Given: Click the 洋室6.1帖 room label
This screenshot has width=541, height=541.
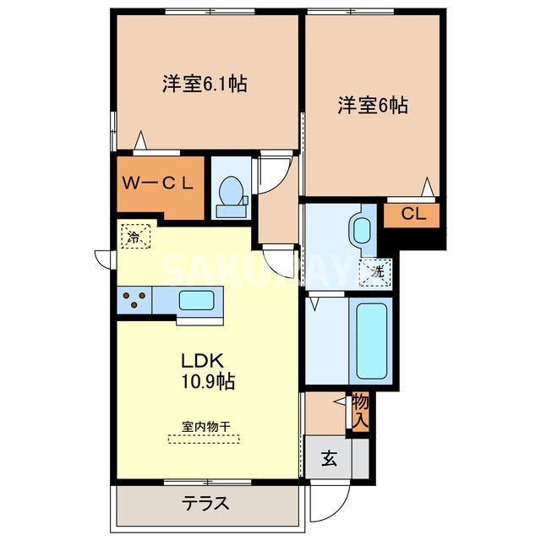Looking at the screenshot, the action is [x=205, y=84].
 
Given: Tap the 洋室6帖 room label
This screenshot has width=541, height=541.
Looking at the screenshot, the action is [x=373, y=105].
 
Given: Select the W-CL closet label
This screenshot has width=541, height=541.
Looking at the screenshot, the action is [x=158, y=184].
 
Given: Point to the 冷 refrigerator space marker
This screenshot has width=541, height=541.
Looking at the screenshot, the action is [x=135, y=236].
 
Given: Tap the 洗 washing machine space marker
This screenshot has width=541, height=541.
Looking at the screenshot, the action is [x=375, y=272].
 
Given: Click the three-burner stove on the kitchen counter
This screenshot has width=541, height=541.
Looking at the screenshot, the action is [x=134, y=300].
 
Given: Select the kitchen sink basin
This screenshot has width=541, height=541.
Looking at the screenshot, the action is [x=196, y=300].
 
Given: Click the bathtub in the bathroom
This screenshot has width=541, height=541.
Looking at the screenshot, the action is [x=371, y=341].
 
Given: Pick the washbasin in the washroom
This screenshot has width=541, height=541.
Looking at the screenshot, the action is [x=362, y=231].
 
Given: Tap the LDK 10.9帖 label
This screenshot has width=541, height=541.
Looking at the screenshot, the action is [x=207, y=371].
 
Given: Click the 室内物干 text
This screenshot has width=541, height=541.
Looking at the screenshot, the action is [x=206, y=427].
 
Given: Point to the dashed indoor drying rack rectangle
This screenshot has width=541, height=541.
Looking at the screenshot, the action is [x=204, y=440].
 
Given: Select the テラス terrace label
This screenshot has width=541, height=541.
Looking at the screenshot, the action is [x=206, y=503].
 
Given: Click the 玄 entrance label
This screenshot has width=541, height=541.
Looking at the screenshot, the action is [x=329, y=459].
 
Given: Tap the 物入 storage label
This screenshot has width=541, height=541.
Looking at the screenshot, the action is [x=361, y=412].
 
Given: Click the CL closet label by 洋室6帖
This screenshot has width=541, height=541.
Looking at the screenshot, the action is [x=413, y=214].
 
